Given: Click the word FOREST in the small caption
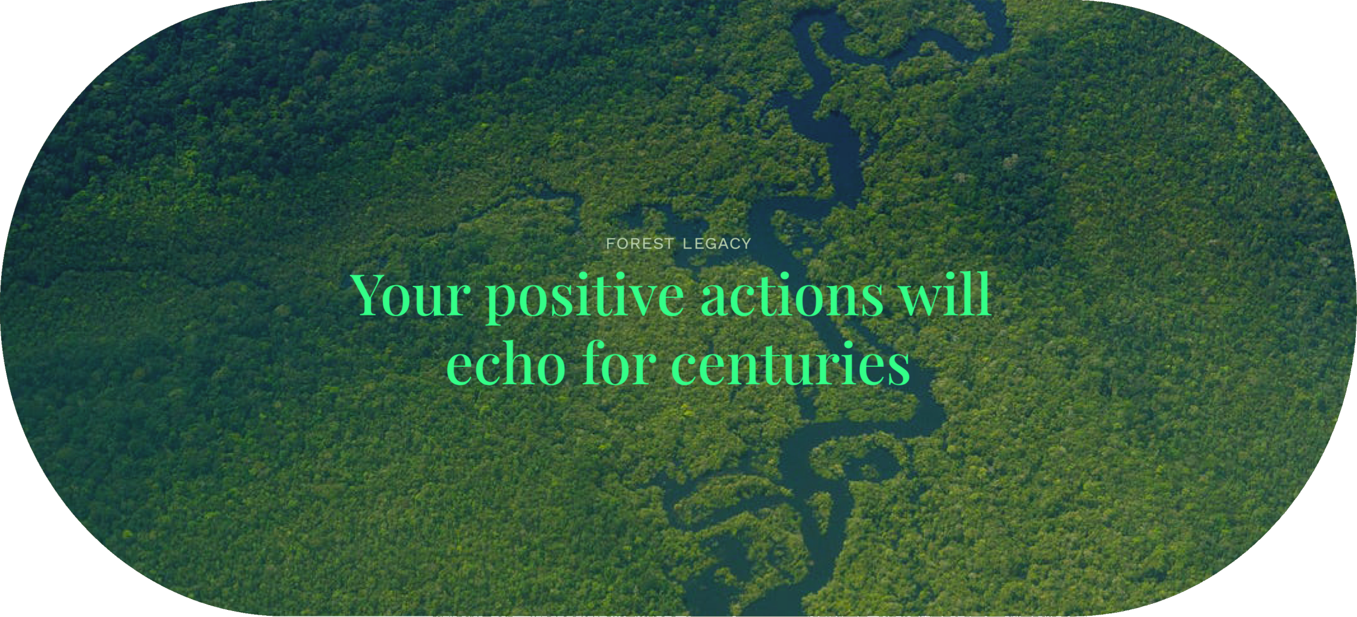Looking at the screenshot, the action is [x=639, y=244].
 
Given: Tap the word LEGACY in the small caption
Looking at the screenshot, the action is [x=717, y=244].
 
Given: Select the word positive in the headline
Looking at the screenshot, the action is [x=585, y=298].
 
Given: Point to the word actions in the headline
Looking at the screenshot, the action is [x=792, y=295].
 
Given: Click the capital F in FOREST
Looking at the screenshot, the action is [x=610, y=244].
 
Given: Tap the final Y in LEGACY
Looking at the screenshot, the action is [x=746, y=244].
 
